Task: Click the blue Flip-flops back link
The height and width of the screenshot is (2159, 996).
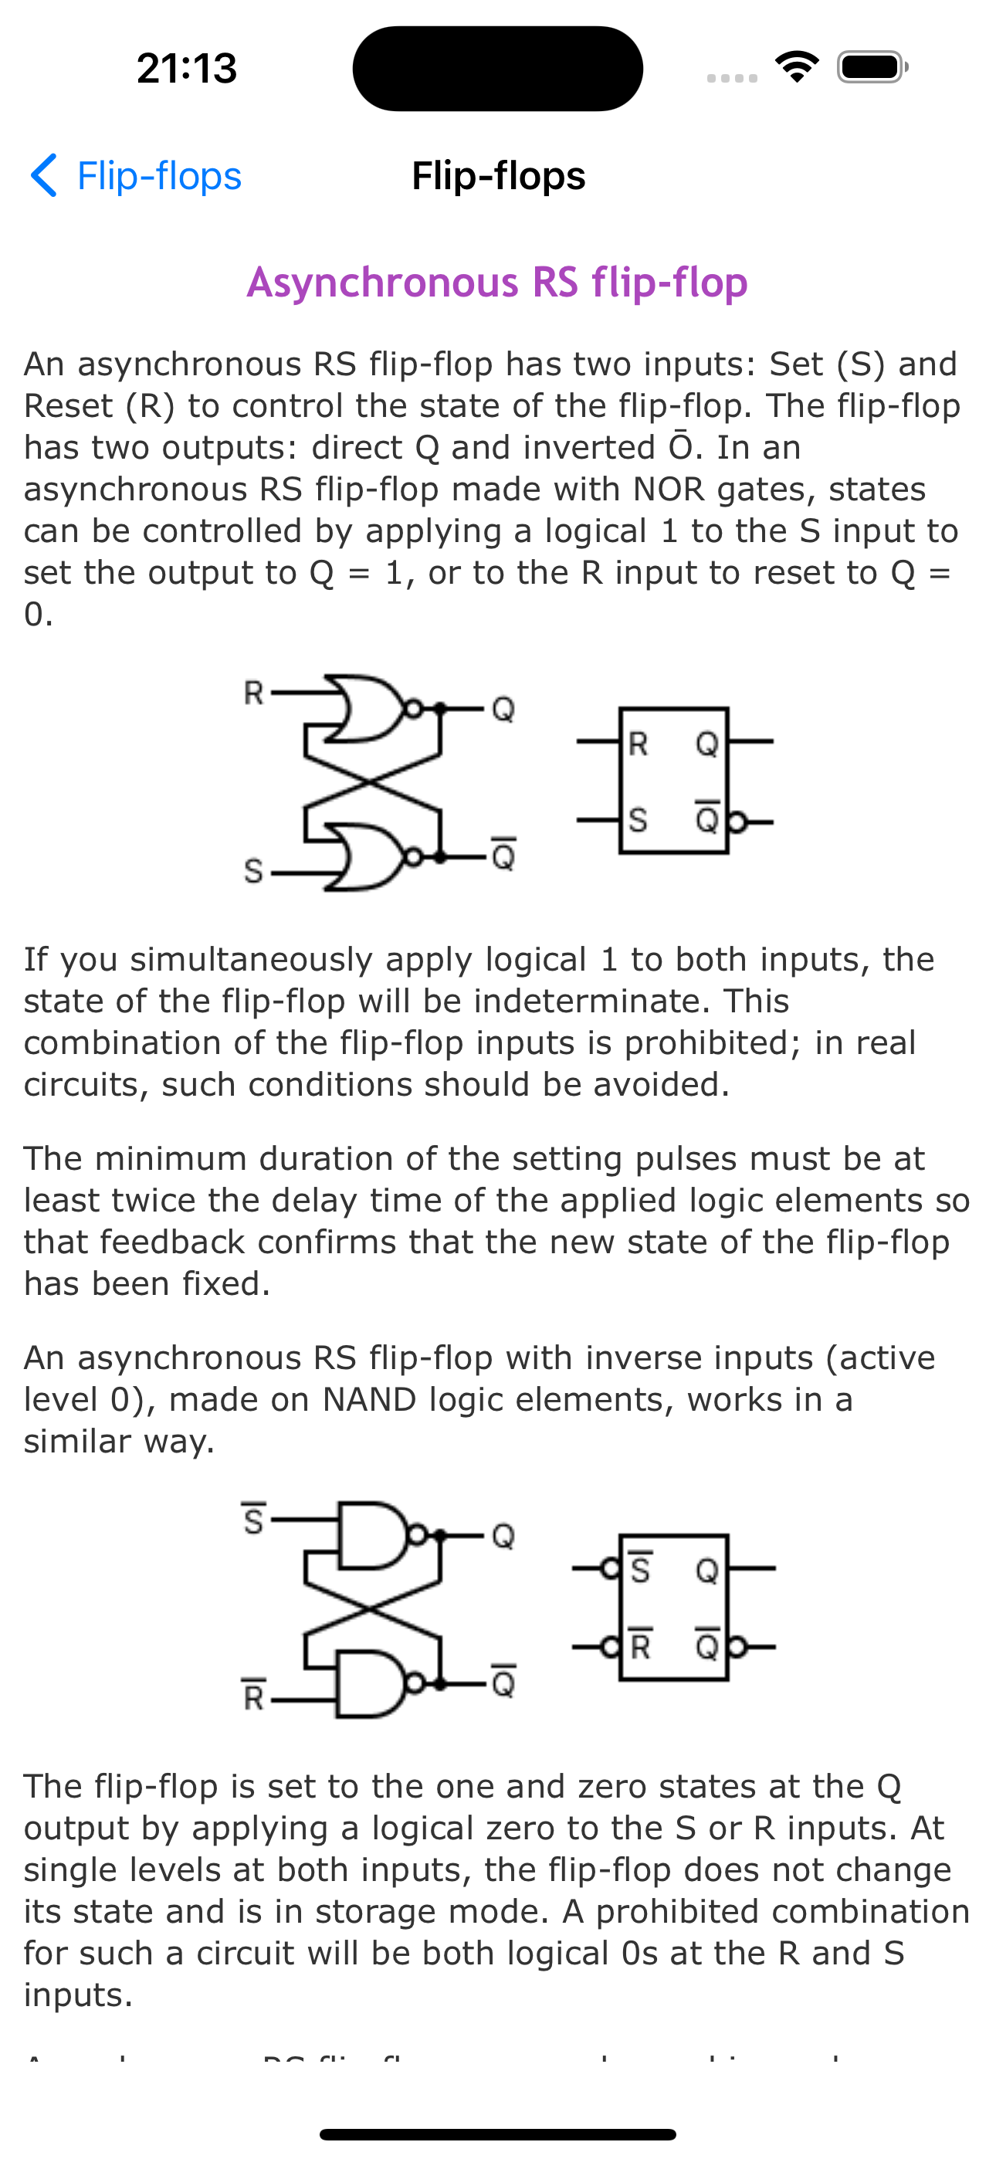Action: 158,176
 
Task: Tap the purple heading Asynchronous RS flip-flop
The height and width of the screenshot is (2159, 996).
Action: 497,283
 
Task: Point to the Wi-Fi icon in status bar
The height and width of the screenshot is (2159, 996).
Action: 797,66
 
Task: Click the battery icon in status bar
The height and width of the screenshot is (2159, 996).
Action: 872,67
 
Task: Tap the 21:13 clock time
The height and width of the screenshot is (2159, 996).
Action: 187,68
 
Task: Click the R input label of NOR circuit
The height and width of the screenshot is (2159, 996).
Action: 253,694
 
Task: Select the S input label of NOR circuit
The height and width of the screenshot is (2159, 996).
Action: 252,872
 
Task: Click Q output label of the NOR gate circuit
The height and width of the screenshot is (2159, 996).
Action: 503,710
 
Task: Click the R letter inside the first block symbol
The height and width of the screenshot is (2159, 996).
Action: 638,744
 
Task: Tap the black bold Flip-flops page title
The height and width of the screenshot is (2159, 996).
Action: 498,176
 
